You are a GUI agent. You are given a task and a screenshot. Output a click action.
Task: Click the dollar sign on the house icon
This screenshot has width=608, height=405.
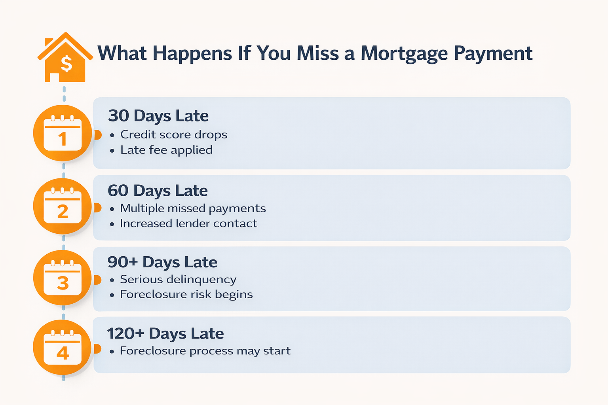66,64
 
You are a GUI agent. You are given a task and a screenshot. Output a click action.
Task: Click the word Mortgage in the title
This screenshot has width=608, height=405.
404,53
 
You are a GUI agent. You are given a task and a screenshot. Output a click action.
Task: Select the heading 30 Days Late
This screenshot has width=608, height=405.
158,116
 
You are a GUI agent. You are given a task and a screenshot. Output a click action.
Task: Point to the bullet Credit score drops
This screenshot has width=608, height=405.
174,134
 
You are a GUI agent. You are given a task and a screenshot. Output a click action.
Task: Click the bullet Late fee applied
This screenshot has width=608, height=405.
166,150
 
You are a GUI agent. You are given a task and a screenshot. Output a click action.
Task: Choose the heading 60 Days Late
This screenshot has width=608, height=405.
158,191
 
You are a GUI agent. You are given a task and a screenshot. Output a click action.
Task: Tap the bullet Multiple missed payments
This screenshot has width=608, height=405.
193,208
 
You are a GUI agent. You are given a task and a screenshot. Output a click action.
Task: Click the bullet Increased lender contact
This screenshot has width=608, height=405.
188,223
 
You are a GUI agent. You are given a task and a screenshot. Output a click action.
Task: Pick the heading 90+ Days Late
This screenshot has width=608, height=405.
162,262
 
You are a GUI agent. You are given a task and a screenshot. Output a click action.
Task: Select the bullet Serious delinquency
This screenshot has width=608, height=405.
178,279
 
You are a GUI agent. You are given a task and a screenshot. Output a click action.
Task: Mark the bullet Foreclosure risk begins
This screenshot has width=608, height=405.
186,294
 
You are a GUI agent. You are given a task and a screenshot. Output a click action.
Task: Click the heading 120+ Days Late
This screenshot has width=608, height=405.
165,333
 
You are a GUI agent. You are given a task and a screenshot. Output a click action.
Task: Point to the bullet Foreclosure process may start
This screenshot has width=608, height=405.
205,351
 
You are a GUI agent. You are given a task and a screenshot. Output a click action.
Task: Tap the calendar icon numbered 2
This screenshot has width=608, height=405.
63,206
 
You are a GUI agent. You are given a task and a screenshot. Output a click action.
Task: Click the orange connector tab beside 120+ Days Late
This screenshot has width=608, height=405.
97,349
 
